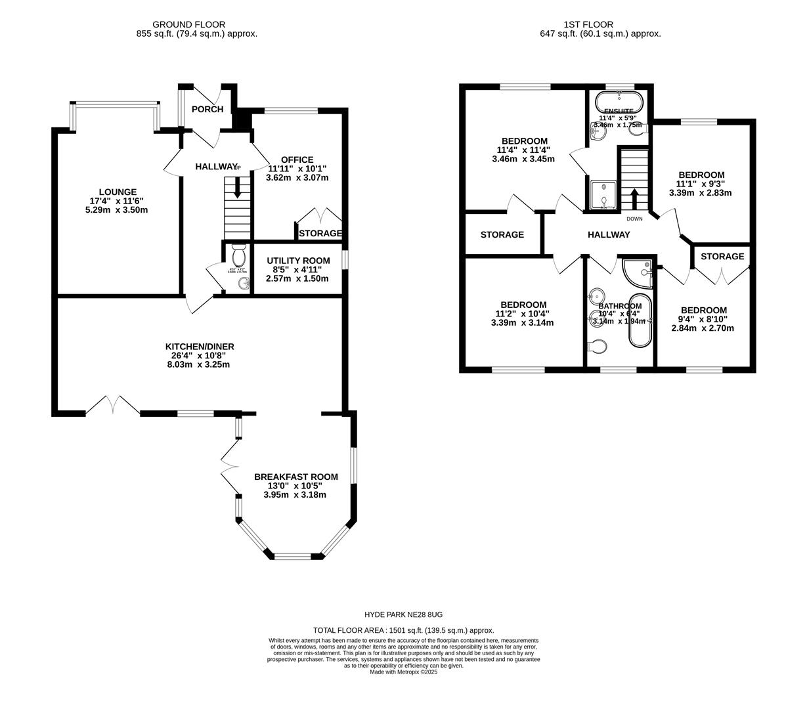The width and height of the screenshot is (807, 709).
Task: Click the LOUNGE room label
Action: [119, 192]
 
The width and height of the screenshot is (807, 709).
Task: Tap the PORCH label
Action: [207, 109]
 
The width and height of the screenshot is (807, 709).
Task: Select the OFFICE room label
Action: [297, 160]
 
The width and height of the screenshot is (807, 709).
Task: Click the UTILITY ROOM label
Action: [297, 261]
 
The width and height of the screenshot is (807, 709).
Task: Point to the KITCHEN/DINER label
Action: [200, 347]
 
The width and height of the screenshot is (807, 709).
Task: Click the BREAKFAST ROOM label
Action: [295, 477]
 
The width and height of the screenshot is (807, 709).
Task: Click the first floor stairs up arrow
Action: [634, 198]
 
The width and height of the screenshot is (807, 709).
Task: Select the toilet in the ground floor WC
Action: [238, 253]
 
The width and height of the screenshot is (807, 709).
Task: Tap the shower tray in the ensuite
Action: [603, 194]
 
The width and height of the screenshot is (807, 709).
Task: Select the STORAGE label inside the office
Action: [320, 233]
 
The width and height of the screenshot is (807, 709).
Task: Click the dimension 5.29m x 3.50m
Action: [119, 210]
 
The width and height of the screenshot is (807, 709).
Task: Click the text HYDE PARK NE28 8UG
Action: [403, 614]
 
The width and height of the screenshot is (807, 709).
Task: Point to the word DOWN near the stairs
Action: [634, 219]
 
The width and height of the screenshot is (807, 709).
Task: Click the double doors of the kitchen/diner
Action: [113, 405]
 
